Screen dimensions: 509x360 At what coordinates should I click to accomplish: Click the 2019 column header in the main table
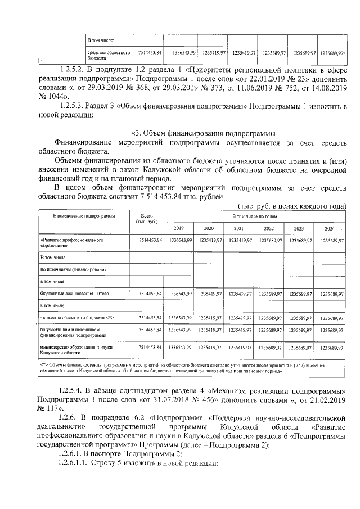coord(179,229)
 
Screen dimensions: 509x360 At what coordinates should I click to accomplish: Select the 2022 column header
coord(269,229)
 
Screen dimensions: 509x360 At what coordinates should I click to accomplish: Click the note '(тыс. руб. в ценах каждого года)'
coord(292,206)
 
